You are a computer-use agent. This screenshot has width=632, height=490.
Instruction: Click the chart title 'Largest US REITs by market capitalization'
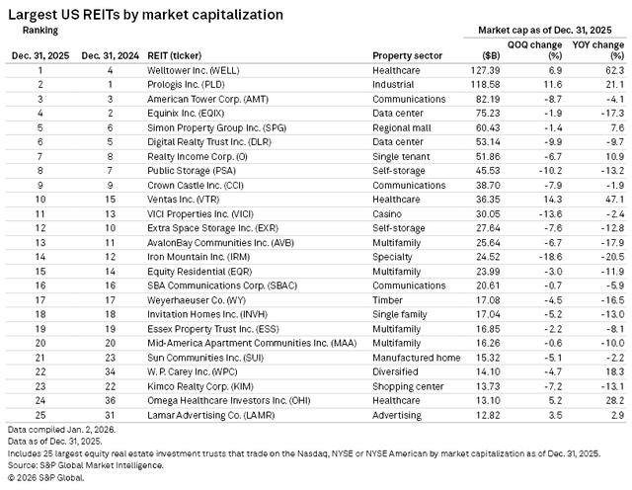coord(145,15)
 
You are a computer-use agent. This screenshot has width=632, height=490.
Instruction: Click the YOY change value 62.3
coord(614,72)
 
